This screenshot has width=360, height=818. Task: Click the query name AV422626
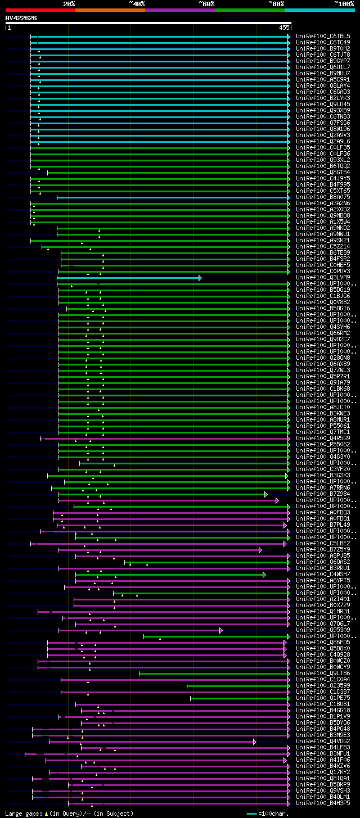pyautogui.click(x=21, y=18)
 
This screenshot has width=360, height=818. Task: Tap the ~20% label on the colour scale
pyautogui.click(x=69, y=3)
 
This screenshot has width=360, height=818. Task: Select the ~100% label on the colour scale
pyautogui.click(x=344, y=3)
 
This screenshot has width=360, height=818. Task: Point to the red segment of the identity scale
pyautogui.click(x=39, y=10)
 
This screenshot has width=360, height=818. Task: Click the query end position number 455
pyautogui.click(x=284, y=27)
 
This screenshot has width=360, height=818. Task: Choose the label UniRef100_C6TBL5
pyautogui.click(x=323, y=36)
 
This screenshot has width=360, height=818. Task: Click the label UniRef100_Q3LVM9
pyautogui.click(x=323, y=277)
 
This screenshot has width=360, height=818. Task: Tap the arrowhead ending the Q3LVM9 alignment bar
pyautogui.click(x=200, y=278)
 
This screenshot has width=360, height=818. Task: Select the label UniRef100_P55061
pyautogui.click(x=323, y=426)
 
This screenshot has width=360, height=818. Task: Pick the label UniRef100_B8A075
pyautogui.click(x=323, y=197)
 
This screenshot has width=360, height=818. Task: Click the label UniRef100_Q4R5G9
pyautogui.click(x=323, y=438)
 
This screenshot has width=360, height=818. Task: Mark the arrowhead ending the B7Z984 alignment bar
pyautogui.click(x=266, y=494)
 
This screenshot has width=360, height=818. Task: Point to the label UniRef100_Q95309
pyautogui.click(x=323, y=630)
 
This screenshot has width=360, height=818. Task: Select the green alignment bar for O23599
pyautogui.click(x=236, y=686)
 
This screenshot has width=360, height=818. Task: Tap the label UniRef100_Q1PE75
pyautogui.click(x=323, y=698)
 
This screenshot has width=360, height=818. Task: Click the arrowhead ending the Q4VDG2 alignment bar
pyautogui.click(x=254, y=742)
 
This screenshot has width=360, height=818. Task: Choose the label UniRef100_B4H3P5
pyautogui.click(x=323, y=803)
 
